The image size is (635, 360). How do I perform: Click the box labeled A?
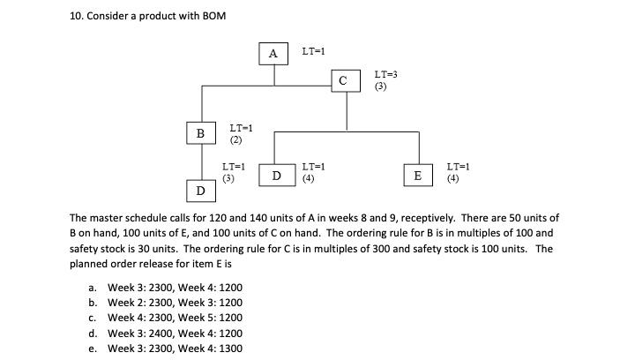click(273, 54)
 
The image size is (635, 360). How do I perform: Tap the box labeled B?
click(200, 133)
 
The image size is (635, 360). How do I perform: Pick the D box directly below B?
click(200, 191)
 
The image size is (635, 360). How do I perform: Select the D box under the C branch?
click(276, 176)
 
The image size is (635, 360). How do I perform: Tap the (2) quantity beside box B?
click(235, 139)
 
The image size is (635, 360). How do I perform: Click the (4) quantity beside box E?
click(452, 178)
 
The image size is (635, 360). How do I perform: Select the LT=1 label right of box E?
click(459, 166)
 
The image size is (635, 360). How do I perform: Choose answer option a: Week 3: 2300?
click(175, 288)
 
